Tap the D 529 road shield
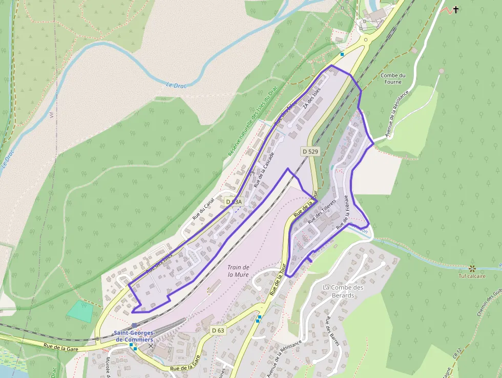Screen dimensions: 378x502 tap(310, 151)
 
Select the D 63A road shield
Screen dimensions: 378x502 tap(234, 202)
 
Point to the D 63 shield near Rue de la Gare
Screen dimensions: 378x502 tap(218, 330)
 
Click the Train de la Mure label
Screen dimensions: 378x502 tap(238, 270)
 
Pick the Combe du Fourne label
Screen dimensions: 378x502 tap(393, 78)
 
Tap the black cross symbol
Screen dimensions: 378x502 tap(455, 9)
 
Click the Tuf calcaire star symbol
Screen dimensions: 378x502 tap(472, 268)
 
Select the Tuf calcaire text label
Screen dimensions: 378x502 tap(471, 276)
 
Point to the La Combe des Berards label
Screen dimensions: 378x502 tap(343, 291)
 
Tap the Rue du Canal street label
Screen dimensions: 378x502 tap(202, 210)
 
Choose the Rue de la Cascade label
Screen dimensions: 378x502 tap(264, 169)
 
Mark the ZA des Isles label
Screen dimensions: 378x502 tap(311, 97)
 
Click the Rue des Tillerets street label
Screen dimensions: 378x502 tap(321, 211)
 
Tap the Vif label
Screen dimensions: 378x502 tap(51, 114)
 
